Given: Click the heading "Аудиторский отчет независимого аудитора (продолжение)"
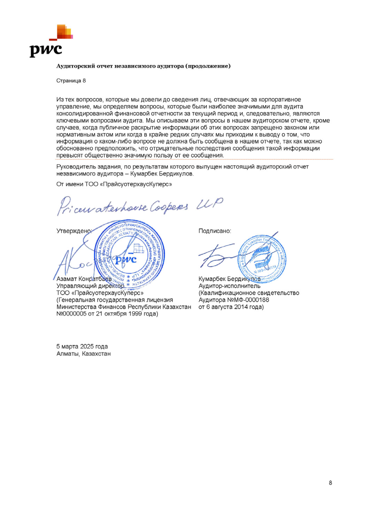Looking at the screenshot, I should point(143,66).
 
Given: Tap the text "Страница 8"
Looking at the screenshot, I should point(71,81).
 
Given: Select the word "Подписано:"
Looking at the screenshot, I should point(215,231).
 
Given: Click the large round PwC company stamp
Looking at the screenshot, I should point(129,255).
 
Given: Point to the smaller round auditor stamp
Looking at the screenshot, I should point(262,258).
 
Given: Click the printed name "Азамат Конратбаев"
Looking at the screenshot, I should point(84,279).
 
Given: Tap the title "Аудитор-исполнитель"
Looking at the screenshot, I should point(229,286).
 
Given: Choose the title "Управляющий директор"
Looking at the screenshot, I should point(90,286).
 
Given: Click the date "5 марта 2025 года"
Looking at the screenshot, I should point(82,346).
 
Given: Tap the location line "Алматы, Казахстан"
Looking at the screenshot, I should point(83,354).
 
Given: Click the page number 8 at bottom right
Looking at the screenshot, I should point(330,483).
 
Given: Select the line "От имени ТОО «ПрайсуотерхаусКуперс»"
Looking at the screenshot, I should point(114,184).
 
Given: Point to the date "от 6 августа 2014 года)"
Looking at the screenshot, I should point(231,307).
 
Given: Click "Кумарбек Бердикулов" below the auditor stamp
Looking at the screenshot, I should point(229,279).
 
